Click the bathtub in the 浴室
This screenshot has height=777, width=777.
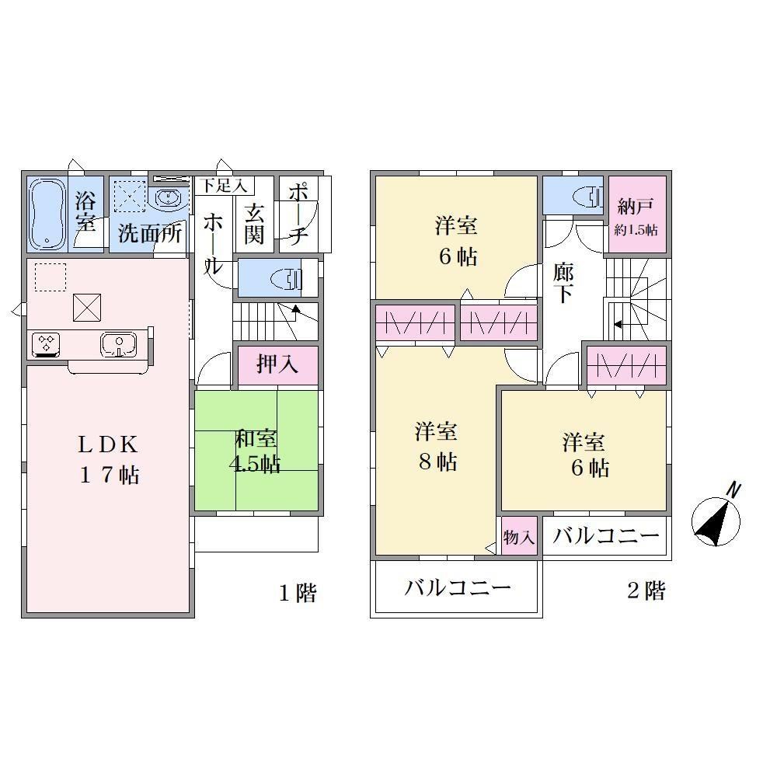[47, 214]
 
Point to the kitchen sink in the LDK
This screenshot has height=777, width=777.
[118, 344]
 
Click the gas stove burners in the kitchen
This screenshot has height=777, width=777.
[46, 344]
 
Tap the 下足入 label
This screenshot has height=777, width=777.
[224, 186]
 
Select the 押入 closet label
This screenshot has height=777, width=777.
[277, 364]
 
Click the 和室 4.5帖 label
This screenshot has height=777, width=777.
[255, 451]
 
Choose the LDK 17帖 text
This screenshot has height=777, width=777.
[109, 459]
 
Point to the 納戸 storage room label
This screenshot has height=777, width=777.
[636, 206]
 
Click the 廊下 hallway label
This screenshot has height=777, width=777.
[563, 284]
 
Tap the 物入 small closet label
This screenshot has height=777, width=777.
[519, 537]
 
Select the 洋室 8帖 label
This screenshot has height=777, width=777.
[437, 447]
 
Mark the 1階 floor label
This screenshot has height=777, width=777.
[298, 593]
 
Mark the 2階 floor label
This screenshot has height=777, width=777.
[646, 591]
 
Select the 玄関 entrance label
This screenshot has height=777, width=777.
[254, 224]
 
